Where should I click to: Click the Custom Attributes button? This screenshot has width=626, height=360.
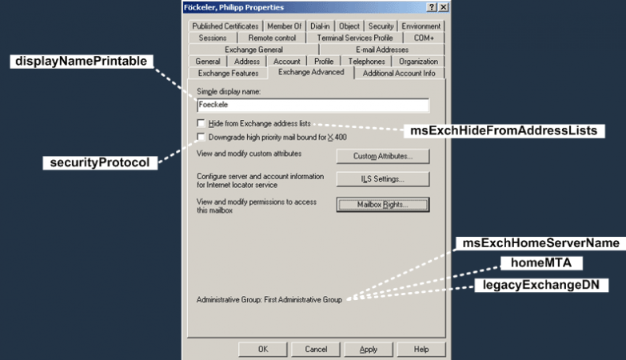pyautogui.click(x=382, y=155)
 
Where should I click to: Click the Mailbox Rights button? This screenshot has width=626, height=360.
pyautogui.click(x=382, y=205)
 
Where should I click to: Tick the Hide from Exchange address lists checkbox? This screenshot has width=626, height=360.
pyautogui.click(x=201, y=123)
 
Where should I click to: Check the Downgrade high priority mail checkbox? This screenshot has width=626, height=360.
pyautogui.click(x=201, y=137)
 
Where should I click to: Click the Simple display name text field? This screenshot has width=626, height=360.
pyautogui.click(x=313, y=105)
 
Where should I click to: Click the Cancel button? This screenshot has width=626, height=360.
pyautogui.click(x=316, y=349)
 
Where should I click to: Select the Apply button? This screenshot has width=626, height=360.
pyautogui.click(x=369, y=349)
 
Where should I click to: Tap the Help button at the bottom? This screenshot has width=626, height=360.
pyautogui.click(x=421, y=349)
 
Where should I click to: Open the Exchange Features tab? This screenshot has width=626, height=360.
pyautogui.click(x=229, y=73)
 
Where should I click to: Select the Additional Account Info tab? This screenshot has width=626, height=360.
pyautogui.click(x=399, y=73)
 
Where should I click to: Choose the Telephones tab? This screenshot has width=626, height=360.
pyautogui.click(x=366, y=62)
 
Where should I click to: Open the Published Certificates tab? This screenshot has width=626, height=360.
pyautogui.click(x=225, y=26)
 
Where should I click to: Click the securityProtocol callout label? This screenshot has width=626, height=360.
pyautogui.click(x=100, y=162)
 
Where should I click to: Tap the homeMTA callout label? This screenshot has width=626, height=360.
pyautogui.click(x=530, y=263)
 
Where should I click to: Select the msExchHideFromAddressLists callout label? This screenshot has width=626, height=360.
pyautogui.click(x=504, y=130)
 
